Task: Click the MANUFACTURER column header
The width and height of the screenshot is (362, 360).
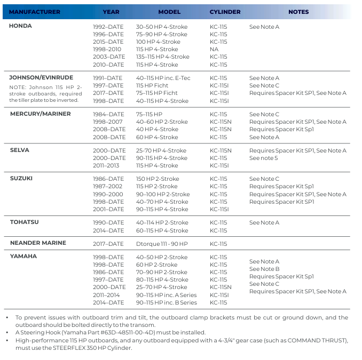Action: [x=35, y=12]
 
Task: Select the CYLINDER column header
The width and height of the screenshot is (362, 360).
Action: [x=225, y=12]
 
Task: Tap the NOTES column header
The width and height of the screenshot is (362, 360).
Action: [x=298, y=12]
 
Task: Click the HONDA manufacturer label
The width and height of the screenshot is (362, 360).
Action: [x=21, y=26]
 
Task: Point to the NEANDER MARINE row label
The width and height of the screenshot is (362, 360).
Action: [x=38, y=243]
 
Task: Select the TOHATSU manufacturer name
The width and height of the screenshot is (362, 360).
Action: [x=25, y=222]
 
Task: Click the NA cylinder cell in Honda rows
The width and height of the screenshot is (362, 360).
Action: [x=214, y=49]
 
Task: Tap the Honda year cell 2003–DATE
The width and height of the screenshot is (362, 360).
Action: [x=108, y=57]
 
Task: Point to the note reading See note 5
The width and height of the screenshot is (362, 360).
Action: [x=264, y=158]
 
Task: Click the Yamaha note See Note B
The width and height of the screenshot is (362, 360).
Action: [x=264, y=269]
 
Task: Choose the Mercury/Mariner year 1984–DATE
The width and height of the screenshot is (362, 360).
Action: [x=108, y=114]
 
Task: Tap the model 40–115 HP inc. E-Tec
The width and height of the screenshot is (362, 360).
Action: [x=163, y=78]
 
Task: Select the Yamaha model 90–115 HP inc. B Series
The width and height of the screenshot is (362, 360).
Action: [x=166, y=302]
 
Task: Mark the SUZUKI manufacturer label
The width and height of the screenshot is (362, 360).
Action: [x=21, y=178]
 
